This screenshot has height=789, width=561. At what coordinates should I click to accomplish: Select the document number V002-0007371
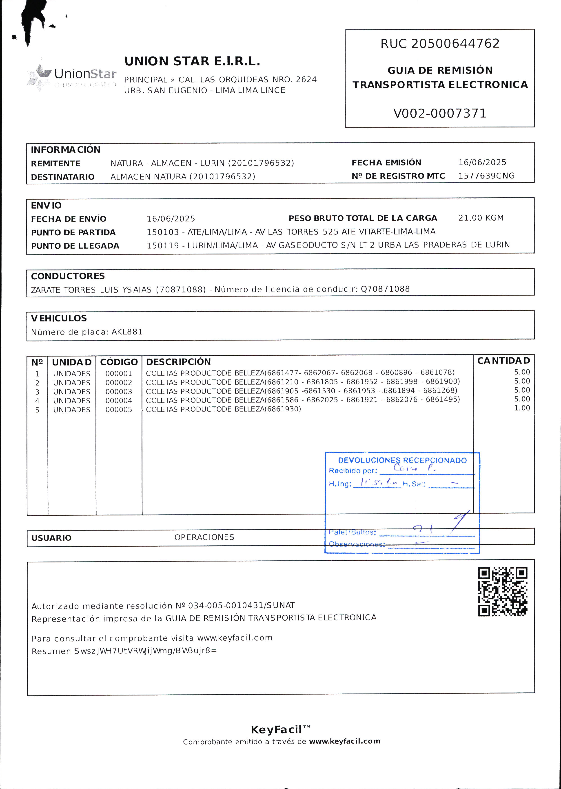439,113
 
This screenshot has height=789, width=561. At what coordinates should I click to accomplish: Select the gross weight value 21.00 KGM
481,218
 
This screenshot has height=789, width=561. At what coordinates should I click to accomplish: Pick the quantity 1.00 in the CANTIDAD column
522,408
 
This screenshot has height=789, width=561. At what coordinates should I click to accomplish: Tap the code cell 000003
118,392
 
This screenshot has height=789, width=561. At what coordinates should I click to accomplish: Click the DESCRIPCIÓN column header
178,362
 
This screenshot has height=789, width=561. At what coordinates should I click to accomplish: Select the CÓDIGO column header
119,362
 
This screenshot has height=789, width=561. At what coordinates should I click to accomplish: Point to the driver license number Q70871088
385,289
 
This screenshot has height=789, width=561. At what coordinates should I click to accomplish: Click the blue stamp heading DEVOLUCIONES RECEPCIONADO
402,460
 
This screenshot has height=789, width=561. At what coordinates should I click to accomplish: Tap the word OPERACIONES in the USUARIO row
204,537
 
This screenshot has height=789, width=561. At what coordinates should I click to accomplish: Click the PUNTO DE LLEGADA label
75,246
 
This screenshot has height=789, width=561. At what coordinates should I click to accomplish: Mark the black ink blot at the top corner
33,19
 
